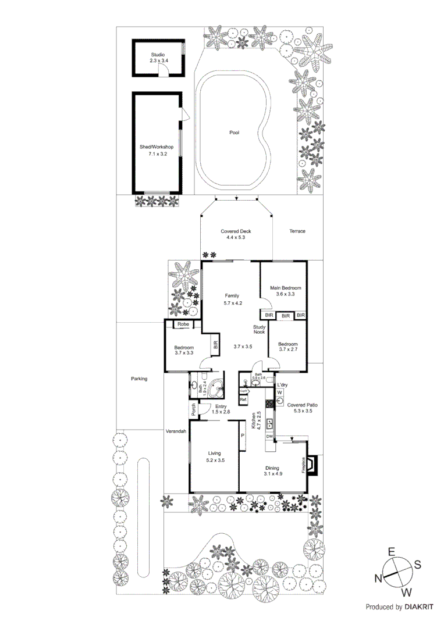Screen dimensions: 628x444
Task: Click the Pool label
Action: pyautogui.click(x=234, y=133)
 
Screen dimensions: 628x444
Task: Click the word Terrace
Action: pyautogui.click(x=297, y=231)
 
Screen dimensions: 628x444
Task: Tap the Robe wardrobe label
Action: pyautogui.click(x=183, y=324)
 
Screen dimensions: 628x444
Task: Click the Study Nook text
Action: pyautogui.click(x=259, y=330)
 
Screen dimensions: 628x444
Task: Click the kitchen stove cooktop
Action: pyautogui.click(x=269, y=403)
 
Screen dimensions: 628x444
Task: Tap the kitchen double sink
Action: pyautogui.click(x=269, y=422)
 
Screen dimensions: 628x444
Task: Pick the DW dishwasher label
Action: pyautogui.click(x=269, y=436)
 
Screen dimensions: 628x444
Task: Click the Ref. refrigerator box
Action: pyautogui.click(x=243, y=400)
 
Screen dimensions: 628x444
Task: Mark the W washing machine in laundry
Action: pyautogui.click(x=280, y=392)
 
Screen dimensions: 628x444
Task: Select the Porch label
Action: pyautogui.click(x=193, y=409)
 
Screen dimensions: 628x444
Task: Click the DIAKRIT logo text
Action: pyautogui.click(x=418, y=607)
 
